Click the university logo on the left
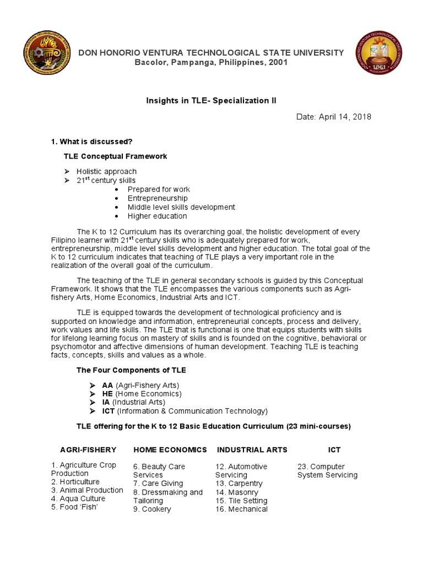[45, 57]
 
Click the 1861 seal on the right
[378, 57]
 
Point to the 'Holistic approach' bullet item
[106, 171]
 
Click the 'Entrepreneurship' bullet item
[158, 198]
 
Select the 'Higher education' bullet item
[157, 216]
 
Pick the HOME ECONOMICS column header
[170, 449]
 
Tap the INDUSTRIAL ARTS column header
[252, 449]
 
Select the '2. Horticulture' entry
[75, 481]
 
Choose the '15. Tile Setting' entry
[241, 501]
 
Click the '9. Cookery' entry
[152, 509]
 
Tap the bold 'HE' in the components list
[107, 394]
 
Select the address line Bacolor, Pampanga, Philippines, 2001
[211, 62]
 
